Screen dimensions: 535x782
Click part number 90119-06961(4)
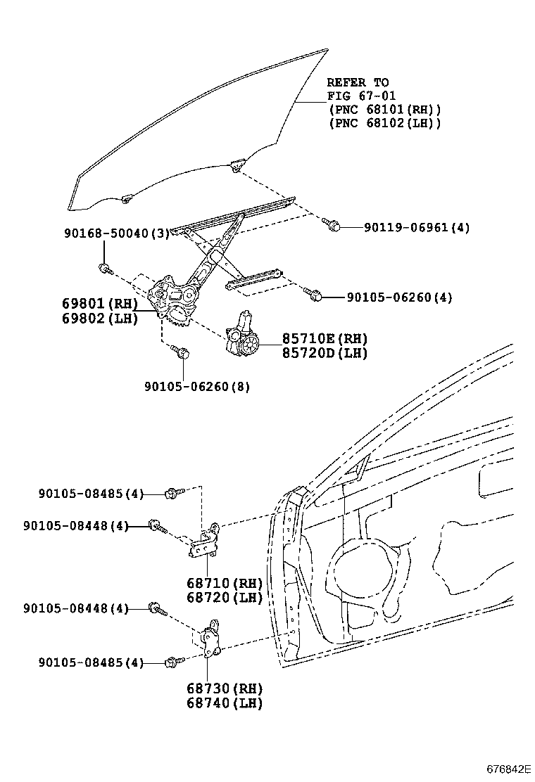pyautogui.click(x=417, y=227)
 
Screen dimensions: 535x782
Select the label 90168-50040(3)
pyautogui.click(x=117, y=233)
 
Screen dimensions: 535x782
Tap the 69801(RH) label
pyautogui.click(x=100, y=302)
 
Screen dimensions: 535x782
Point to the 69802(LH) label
pyautogui.click(x=100, y=318)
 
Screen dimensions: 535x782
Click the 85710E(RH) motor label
pyautogui.click(x=325, y=339)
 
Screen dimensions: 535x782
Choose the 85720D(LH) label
pyautogui.click(x=325, y=353)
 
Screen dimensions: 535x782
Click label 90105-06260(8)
pyautogui.click(x=198, y=387)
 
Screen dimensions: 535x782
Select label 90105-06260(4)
pyautogui.click(x=400, y=297)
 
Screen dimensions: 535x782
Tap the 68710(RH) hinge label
pyautogui.click(x=225, y=582)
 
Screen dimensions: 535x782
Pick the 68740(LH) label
pyautogui.click(x=225, y=703)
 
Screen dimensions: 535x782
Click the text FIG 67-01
pyautogui.click(x=361, y=95)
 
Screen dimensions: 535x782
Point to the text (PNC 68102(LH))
pyautogui.click(x=385, y=122)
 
